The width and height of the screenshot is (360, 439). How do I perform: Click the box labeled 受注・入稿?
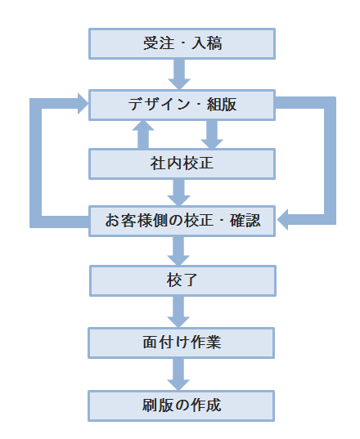coord(182,43)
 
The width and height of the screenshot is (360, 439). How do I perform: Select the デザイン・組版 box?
coord(182,105)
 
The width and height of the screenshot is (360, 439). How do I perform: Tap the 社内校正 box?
coord(182,164)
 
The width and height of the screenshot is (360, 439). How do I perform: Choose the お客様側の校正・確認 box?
coord(182,222)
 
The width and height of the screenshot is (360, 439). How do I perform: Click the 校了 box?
coord(182,281)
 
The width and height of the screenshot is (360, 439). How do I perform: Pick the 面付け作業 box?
coord(182,343)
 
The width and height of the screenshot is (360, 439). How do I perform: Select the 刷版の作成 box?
coord(182,406)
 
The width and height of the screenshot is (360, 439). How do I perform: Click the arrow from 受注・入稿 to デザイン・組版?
coord(179,74)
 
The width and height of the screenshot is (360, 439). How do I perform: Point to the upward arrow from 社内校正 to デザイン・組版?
coord(143,135)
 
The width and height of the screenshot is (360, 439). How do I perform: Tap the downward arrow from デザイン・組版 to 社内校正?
coord(212,135)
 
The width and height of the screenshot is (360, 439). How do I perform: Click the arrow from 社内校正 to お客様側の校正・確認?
coord(179,193)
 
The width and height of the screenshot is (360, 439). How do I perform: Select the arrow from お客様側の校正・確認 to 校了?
coord(178,251)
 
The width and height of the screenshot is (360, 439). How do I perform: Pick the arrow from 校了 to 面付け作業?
coord(178,312)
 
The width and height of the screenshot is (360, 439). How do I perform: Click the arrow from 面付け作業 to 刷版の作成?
coord(178,374)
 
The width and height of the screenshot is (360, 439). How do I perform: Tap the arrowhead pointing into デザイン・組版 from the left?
coord(83,104)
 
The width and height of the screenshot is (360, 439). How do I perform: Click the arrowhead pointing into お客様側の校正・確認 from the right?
coord(283,220)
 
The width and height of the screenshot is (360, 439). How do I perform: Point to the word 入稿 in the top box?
coord(207,43)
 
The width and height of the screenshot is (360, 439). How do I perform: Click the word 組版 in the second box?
coord(222,105)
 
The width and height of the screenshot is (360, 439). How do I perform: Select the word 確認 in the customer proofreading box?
coord(245,221)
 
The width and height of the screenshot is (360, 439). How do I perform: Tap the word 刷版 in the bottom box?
coord(157,405)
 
